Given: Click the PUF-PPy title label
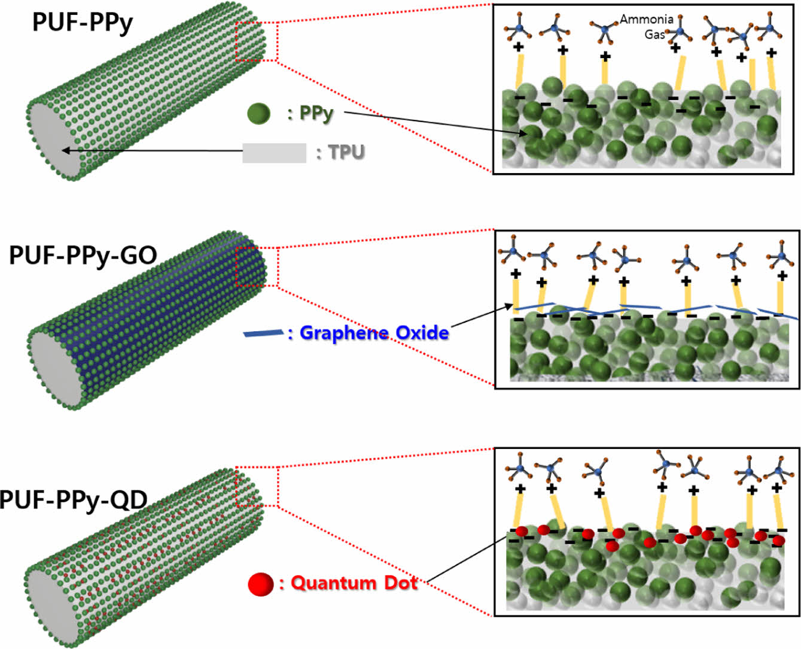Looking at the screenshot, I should [x=83, y=22].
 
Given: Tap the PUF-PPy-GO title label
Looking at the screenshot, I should [x=83, y=255].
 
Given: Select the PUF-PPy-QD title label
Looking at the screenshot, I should [x=73, y=499].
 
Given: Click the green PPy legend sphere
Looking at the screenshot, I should [x=258, y=113].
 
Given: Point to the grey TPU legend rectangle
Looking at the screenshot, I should [x=274, y=153].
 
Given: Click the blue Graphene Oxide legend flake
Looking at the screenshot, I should [x=263, y=333].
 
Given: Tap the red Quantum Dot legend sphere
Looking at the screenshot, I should [x=261, y=584].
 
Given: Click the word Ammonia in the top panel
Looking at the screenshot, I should [x=646, y=19].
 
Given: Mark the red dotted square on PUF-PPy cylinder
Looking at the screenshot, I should [x=257, y=41].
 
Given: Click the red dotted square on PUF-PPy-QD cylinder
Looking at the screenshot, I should [x=257, y=486].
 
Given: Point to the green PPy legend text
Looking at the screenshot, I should [x=316, y=113].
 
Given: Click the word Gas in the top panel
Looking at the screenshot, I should [x=654, y=34].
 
